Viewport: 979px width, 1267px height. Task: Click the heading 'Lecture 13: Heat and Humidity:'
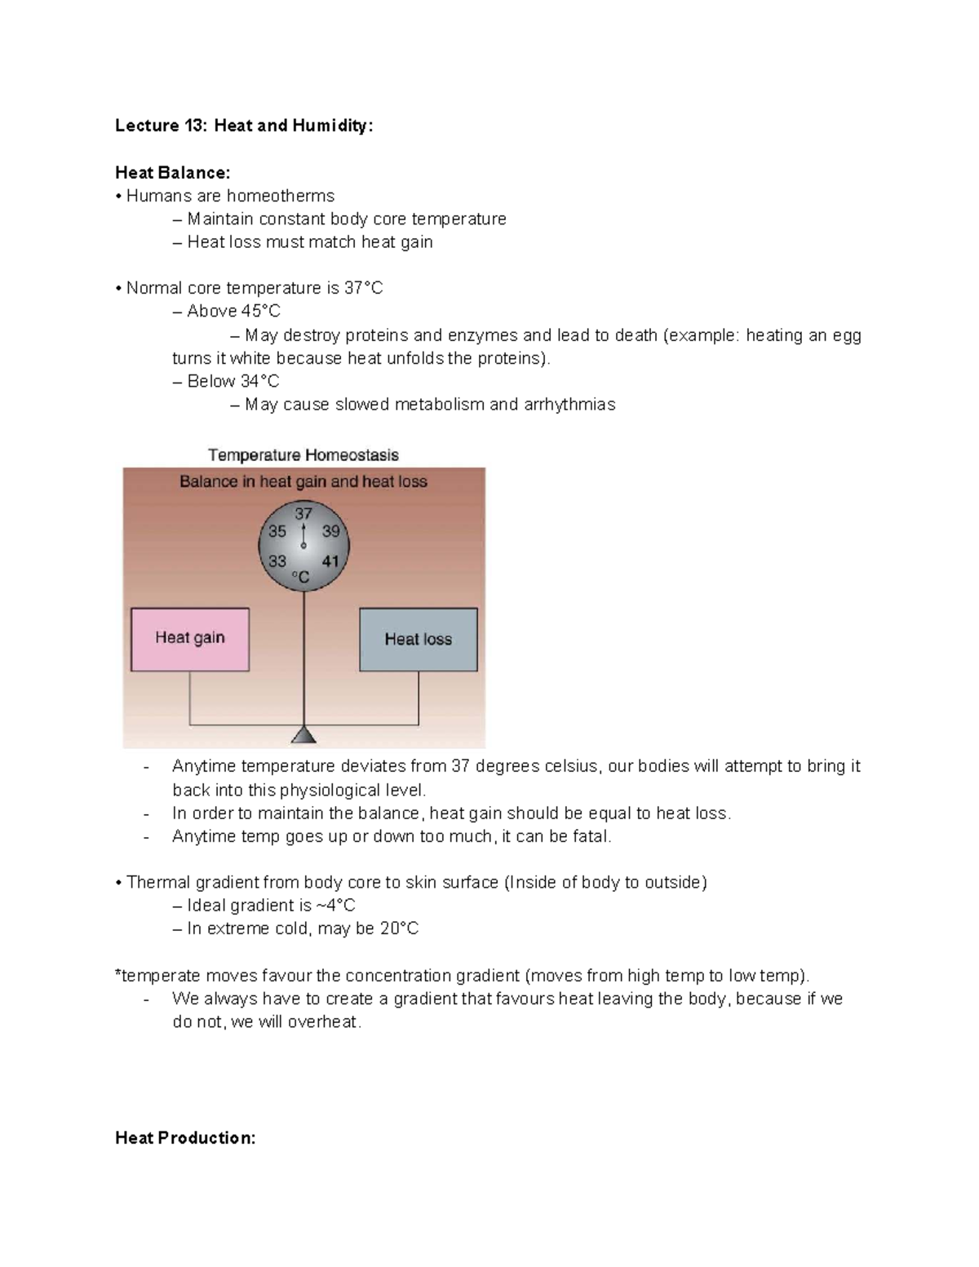point(244,126)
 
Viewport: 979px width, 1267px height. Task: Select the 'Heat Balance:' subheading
point(173,172)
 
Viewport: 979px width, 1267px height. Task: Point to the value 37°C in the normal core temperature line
point(363,288)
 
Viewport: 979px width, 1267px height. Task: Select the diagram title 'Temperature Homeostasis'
point(303,455)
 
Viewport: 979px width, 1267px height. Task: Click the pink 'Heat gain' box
point(190,639)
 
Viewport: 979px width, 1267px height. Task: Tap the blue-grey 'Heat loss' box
point(418,640)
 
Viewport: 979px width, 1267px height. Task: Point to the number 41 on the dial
point(330,561)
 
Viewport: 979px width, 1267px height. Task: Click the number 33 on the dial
point(277,561)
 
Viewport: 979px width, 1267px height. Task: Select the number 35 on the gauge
point(277,531)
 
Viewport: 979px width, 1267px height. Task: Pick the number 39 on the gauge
point(330,531)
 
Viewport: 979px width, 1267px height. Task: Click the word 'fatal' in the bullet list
point(592,836)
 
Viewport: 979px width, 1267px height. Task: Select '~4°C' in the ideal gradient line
point(335,906)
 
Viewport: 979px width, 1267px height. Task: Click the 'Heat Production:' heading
point(185,1138)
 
